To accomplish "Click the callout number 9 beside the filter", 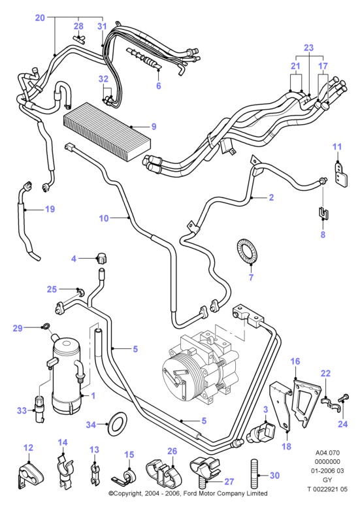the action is pos(154,127).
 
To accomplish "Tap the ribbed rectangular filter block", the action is pos(107,131).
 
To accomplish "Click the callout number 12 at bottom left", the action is pos(29,448).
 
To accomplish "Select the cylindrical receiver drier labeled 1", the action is pos(66,377).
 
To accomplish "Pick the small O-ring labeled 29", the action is pos(47,326).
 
